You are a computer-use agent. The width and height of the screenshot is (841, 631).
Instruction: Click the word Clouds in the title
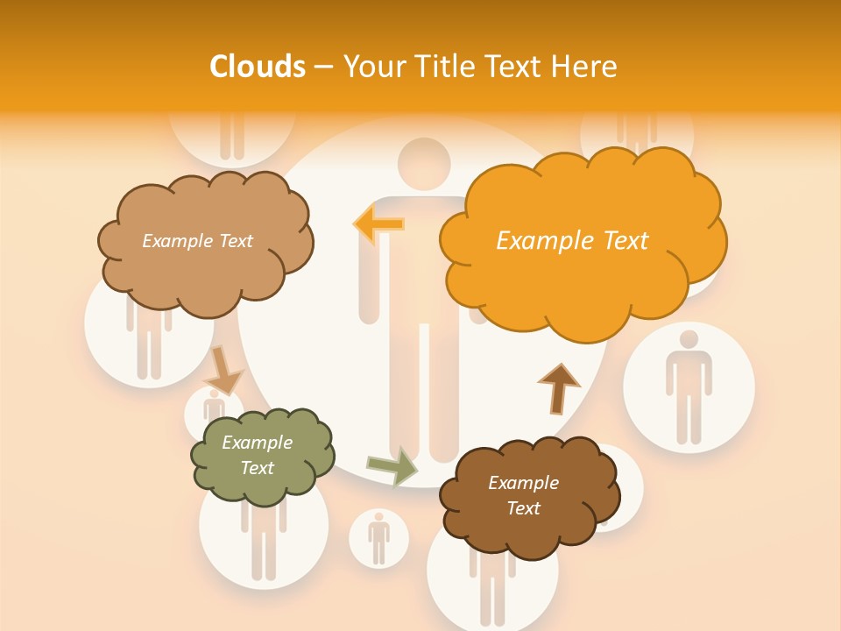coord(258,67)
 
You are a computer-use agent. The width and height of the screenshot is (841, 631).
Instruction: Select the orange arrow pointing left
coord(378,224)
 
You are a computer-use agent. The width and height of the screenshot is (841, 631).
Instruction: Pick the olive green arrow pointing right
coord(392,465)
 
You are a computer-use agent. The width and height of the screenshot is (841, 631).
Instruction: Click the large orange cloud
coord(578,245)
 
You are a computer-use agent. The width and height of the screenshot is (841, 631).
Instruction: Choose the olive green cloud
coord(262,456)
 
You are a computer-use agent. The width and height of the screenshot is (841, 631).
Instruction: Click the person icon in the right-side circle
coord(689,386)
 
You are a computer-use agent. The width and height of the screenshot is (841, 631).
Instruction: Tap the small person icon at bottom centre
coord(378,537)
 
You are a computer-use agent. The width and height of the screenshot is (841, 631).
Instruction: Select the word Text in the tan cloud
coord(234,241)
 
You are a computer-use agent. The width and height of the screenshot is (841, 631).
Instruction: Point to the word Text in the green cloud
coord(257,468)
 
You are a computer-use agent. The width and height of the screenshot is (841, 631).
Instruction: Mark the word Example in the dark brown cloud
coord(523,483)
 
